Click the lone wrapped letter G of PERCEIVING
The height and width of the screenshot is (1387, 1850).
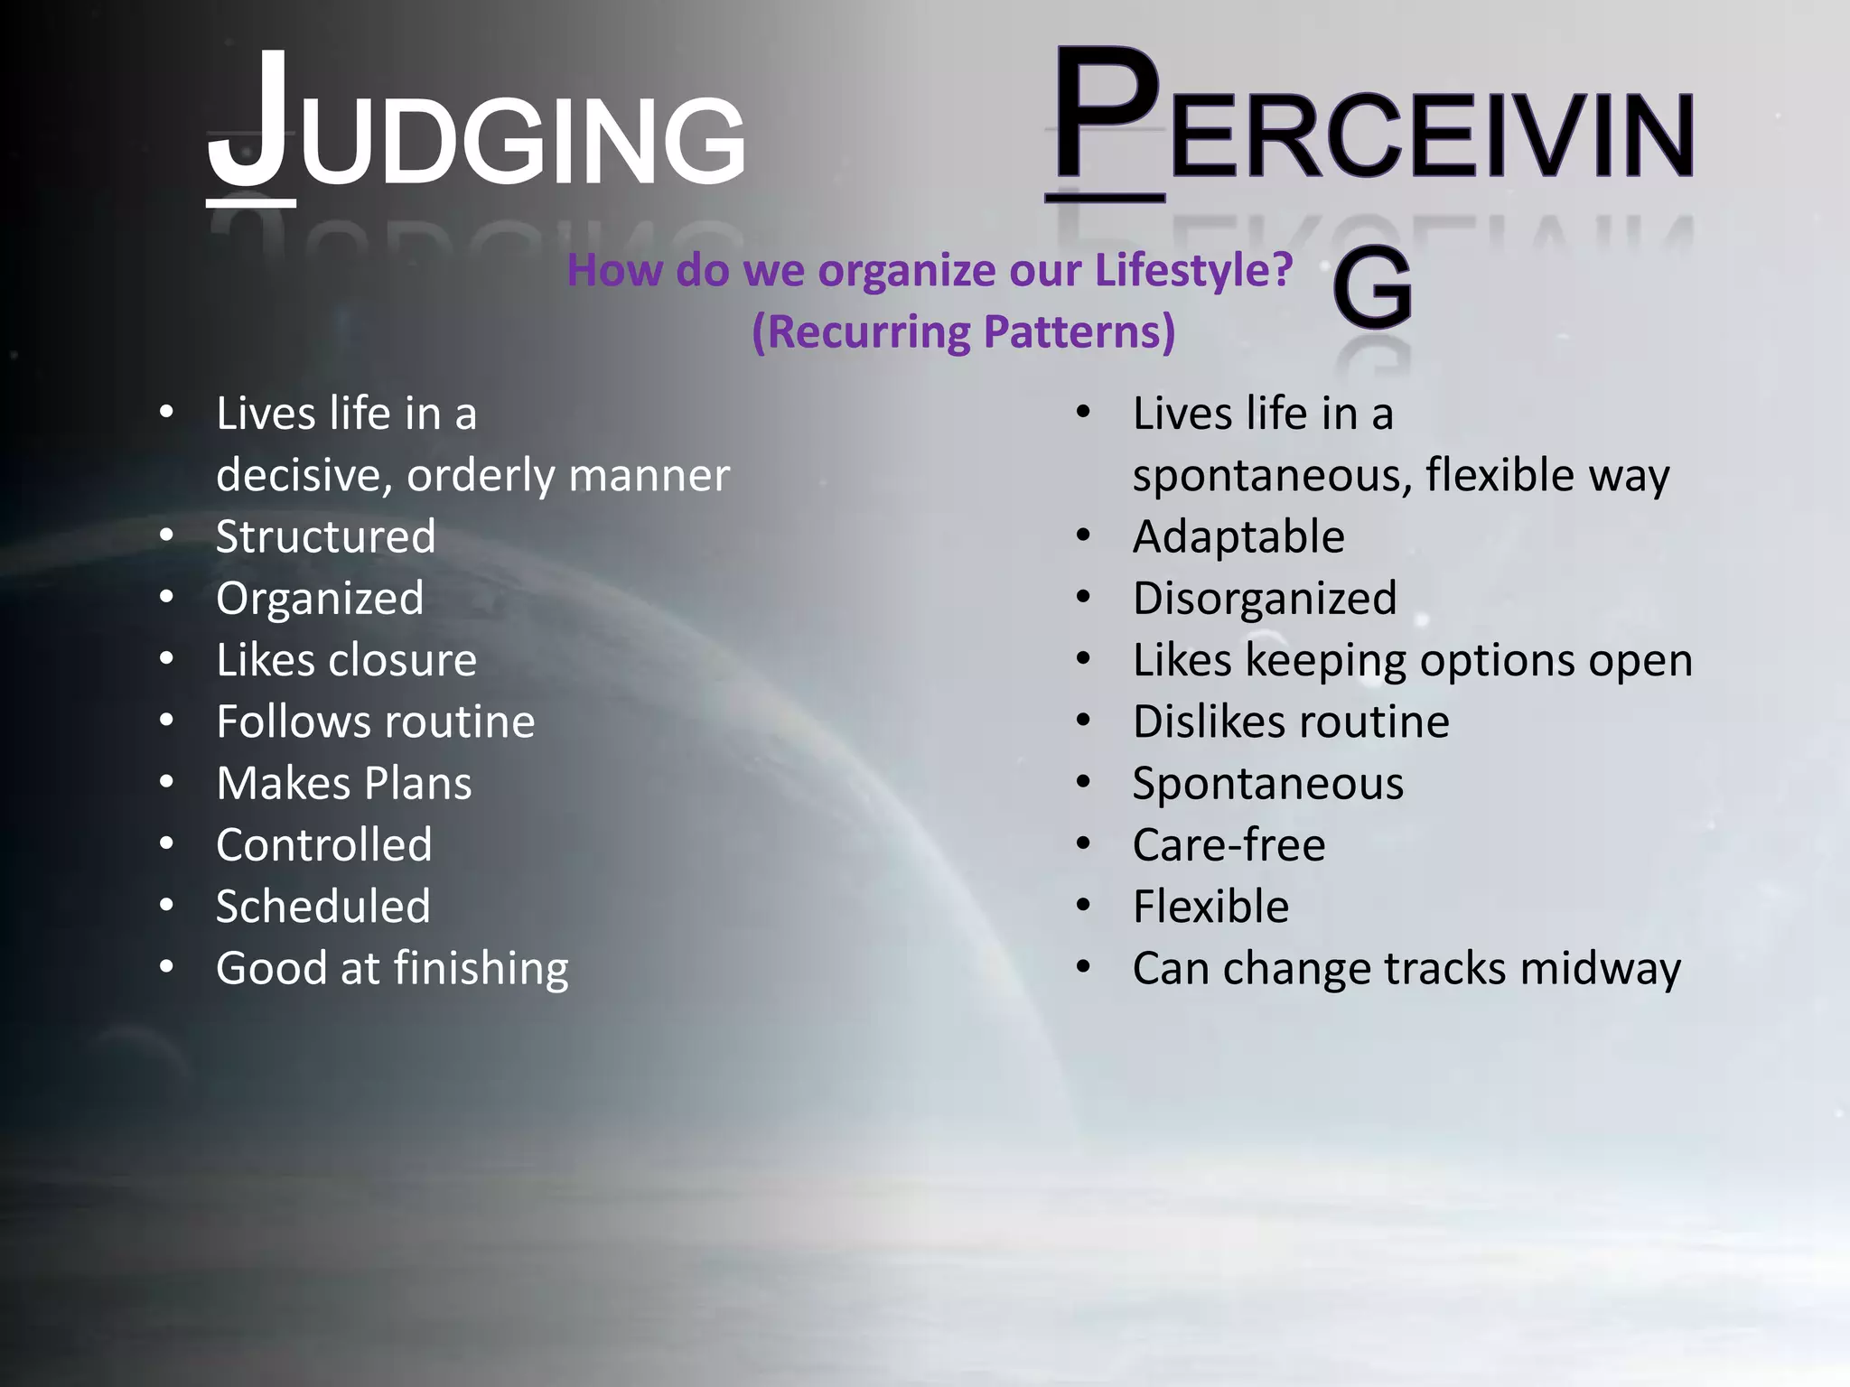tap(1372, 289)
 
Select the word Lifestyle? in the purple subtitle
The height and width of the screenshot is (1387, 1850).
tap(1193, 270)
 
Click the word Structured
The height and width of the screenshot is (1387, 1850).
tap(325, 537)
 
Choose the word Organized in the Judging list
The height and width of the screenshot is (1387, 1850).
tap(320, 599)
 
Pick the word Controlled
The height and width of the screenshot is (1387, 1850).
tap(323, 845)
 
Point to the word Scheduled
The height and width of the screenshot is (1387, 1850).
tap(323, 907)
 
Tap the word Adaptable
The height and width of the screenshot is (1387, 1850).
tap(1238, 537)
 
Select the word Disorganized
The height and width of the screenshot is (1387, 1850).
tap(1265, 599)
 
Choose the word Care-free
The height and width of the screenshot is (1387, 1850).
tap(1229, 845)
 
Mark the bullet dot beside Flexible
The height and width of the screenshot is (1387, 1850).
tap(1084, 905)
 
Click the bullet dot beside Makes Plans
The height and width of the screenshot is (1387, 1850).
tap(166, 782)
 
